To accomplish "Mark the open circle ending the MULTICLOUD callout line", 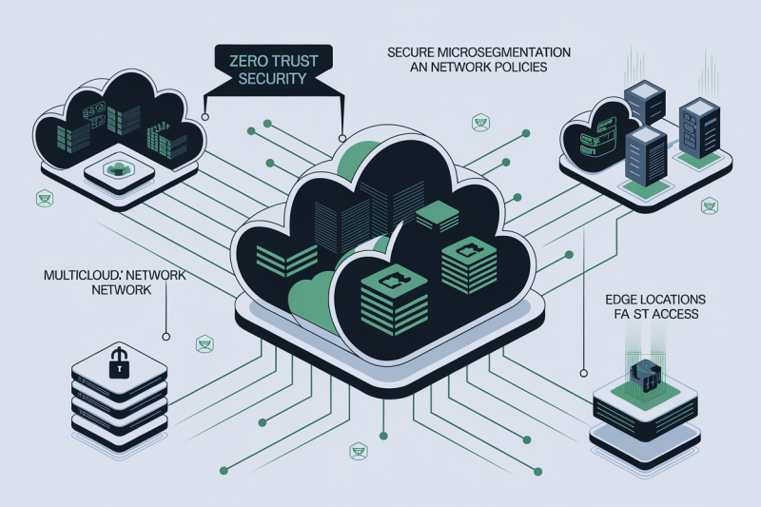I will point(166,335).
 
